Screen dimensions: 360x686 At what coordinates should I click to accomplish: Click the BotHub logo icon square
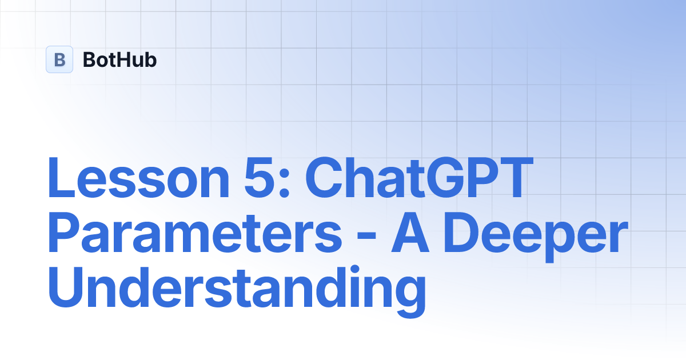(x=59, y=59)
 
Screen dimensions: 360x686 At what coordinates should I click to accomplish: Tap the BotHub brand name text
(x=119, y=59)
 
